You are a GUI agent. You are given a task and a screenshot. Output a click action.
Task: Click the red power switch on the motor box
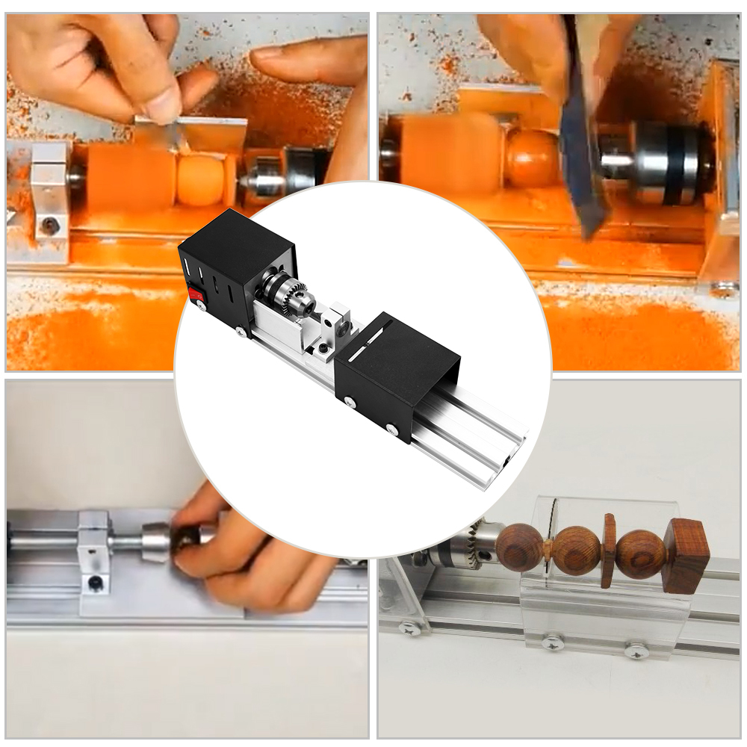[x=197, y=295]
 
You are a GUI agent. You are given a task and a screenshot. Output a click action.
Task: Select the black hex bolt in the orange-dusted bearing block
[x=49, y=225]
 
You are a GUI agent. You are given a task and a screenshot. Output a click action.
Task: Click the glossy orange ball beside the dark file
[x=532, y=158]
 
